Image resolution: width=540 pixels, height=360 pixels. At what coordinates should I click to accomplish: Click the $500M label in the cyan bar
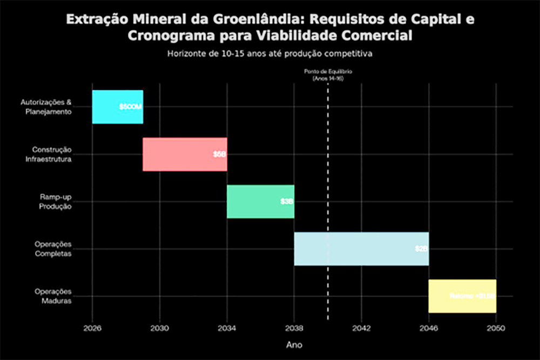click(x=130, y=107)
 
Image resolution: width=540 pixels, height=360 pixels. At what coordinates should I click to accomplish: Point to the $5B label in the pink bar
click(x=219, y=154)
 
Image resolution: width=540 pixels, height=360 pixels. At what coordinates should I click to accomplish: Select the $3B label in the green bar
click(x=287, y=201)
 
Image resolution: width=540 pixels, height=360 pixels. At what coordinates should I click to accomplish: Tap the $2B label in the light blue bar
click(x=421, y=249)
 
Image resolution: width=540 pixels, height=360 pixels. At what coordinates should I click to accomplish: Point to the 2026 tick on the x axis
click(x=92, y=328)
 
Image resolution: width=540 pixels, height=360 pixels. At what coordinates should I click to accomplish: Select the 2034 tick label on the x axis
click(x=227, y=328)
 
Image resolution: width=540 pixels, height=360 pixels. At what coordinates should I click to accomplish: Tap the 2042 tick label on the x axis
click(x=361, y=328)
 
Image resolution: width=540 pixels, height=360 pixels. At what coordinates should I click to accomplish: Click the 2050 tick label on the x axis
click(x=496, y=328)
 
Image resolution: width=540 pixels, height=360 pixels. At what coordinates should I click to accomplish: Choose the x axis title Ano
click(x=294, y=343)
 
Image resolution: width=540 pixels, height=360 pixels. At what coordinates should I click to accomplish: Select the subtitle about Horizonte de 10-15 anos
click(x=270, y=54)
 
